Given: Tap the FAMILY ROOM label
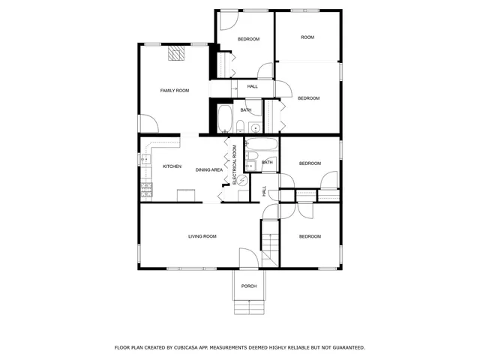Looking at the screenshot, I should click(174, 91).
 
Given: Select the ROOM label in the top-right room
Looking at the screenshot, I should click(307, 37).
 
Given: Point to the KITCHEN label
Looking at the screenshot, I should click(172, 166).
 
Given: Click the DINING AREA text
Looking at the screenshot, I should click(209, 170).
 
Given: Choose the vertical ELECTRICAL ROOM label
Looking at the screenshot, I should click(234, 164).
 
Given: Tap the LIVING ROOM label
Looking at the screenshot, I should click(202, 236).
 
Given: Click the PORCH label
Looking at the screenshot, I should click(249, 286).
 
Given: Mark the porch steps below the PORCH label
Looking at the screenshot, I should click(249, 307).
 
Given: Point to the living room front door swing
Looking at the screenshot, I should click(248, 257).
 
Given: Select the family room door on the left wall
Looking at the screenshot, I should click(148, 123).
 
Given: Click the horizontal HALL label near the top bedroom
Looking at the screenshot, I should click(252, 86).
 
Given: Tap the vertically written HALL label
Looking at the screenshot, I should click(264, 192).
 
